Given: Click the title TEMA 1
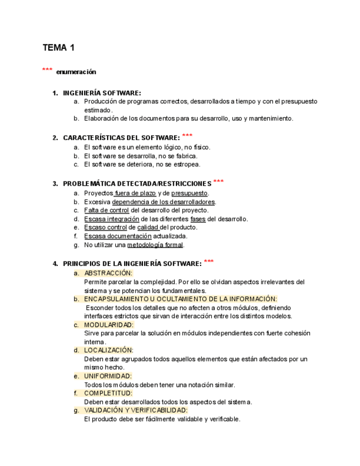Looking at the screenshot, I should [x=59, y=48].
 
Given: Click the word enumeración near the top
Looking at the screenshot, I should [x=76, y=72].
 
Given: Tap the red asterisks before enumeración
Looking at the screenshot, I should [x=47, y=70].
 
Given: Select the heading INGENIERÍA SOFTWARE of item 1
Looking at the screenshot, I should [x=102, y=93].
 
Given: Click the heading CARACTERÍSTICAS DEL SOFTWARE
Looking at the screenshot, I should [x=121, y=137].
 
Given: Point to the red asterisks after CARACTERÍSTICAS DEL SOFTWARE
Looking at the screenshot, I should [x=187, y=136].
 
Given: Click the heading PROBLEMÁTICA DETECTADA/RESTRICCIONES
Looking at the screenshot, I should [x=137, y=184].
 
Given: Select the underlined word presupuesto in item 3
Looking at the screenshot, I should [x=190, y=193].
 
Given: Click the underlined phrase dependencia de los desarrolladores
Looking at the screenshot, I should [x=163, y=202].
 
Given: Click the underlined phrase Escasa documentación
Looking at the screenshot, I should [x=118, y=236].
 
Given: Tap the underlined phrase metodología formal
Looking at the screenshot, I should [x=155, y=245].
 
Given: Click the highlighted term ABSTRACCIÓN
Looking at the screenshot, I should [x=108, y=273].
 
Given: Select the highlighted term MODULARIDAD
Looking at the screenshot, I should [x=109, y=325].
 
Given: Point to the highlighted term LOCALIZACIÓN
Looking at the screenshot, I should [x=109, y=350].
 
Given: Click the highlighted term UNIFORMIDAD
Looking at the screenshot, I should [x=108, y=376].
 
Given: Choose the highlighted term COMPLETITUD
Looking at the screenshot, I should [x=108, y=393].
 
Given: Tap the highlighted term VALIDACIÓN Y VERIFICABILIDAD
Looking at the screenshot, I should [x=136, y=410].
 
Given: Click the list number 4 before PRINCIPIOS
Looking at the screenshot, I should [x=55, y=264].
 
